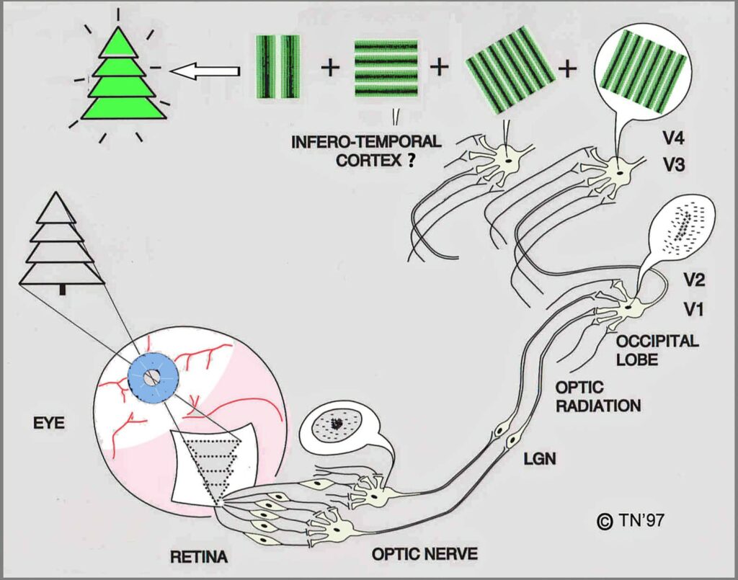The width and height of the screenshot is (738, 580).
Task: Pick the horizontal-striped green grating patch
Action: (x=386, y=67)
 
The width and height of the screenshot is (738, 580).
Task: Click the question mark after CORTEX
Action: (x=410, y=160)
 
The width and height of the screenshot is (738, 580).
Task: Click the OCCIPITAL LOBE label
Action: (x=657, y=349)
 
